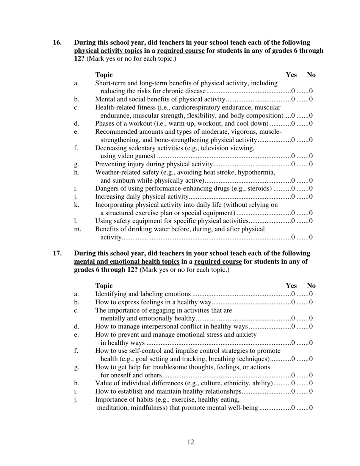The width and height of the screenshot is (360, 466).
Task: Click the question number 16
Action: (57, 42)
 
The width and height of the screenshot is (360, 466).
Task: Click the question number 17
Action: (57, 253)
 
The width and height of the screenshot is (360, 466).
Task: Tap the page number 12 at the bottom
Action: (191, 442)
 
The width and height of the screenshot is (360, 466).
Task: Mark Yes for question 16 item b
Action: (293, 100)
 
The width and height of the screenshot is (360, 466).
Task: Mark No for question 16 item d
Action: (311, 124)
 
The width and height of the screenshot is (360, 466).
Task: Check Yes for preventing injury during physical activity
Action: (293, 164)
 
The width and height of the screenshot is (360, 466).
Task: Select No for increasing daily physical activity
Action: (311, 197)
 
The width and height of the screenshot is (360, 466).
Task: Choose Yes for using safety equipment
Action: (293, 221)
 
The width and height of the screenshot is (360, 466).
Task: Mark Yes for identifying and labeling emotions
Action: (293, 294)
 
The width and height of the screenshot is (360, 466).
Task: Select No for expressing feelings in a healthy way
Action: (311, 302)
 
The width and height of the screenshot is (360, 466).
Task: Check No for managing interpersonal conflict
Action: (311, 327)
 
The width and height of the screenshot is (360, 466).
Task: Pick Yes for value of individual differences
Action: (293, 383)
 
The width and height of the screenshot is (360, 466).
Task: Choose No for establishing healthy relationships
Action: (311, 391)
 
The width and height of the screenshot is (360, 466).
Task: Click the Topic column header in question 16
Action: (104, 75)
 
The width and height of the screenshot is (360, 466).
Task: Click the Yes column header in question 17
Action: (291, 286)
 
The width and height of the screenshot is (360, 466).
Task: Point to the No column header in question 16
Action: (311, 75)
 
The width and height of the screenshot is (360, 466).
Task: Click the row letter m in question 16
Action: (77, 230)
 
